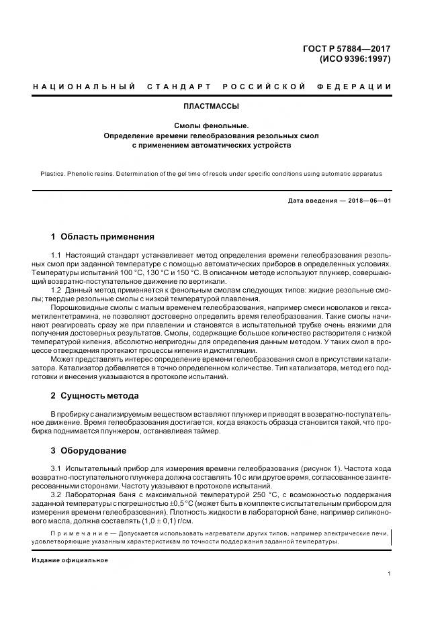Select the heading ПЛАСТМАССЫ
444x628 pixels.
(x=211, y=106)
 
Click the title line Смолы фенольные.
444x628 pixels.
(x=211, y=125)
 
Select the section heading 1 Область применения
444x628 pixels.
(x=103, y=237)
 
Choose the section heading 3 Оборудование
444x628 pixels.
(x=89, y=451)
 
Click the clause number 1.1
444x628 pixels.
(x=56, y=256)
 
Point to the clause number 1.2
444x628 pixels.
(x=56, y=290)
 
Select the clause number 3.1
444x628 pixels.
(x=56, y=468)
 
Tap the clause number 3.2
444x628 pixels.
(x=56, y=493)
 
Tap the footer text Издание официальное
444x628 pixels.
(x=69, y=560)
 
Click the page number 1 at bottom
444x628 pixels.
(x=389, y=574)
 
